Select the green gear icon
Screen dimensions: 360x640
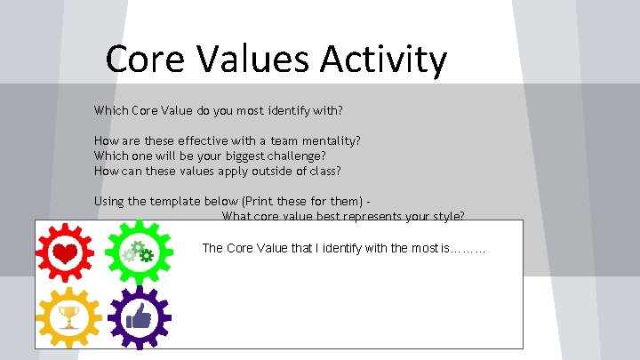coord(138,252)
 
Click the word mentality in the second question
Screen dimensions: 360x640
coord(331,140)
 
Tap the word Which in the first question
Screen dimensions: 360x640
coord(110,111)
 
